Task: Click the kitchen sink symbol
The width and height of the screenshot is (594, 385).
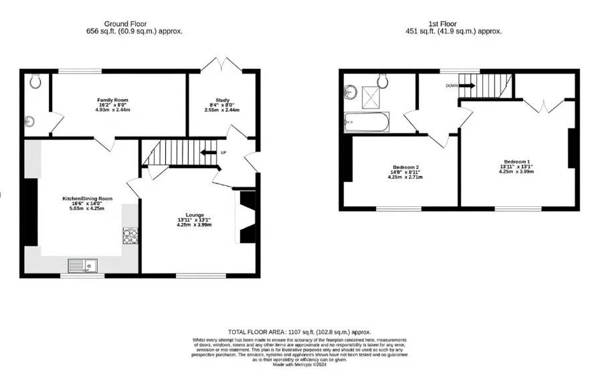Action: coord(82,266)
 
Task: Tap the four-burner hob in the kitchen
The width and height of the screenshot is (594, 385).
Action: coord(130,236)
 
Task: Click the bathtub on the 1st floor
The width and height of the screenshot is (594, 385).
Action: coord(365,123)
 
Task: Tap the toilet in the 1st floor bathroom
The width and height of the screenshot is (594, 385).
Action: coord(383,80)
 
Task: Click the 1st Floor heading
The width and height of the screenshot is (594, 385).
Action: coord(454,27)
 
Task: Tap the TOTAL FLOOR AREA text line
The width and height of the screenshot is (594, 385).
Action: coord(299,332)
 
